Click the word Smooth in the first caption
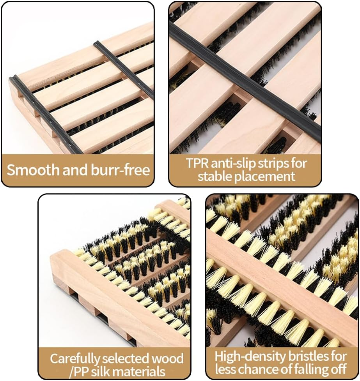point(33,170)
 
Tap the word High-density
point(250,356)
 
